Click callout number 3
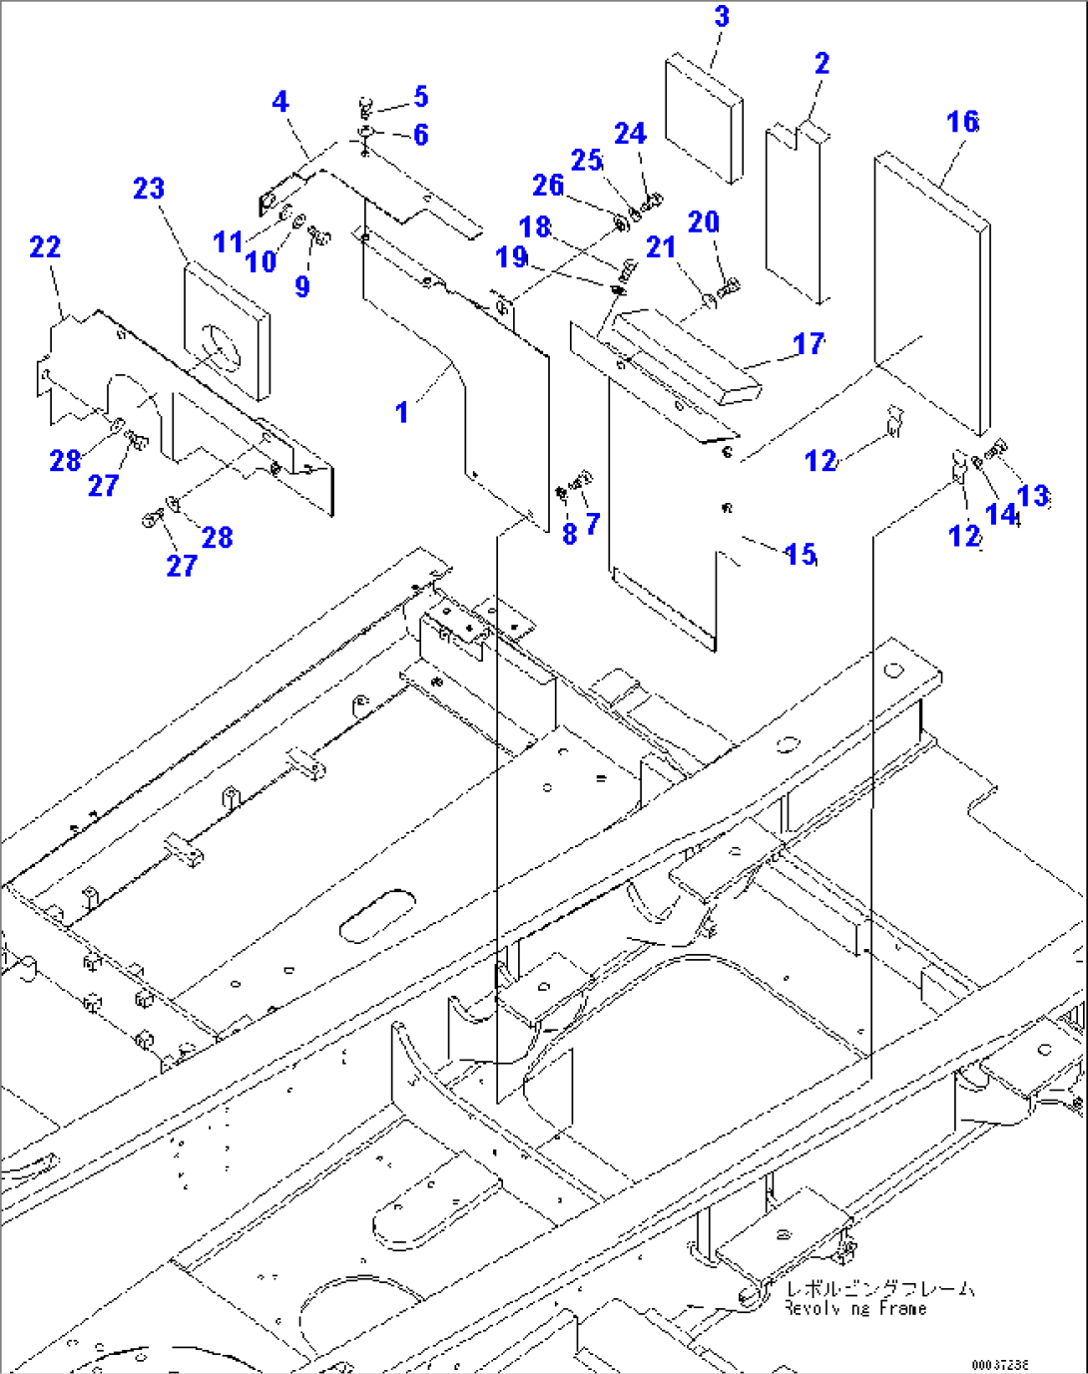(x=722, y=17)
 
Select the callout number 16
(x=962, y=122)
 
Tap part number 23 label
(x=149, y=189)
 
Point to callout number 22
(x=45, y=246)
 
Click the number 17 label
(x=809, y=344)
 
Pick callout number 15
(x=801, y=554)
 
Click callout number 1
(x=401, y=411)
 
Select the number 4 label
(x=280, y=102)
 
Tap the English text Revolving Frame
(x=854, y=1308)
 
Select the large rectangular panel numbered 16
(x=932, y=289)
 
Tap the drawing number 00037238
(x=1002, y=1364)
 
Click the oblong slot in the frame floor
(x=377, y=915)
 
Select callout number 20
(x=704, y=222)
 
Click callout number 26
(x=548, y=186)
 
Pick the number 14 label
(x=1000, y=514)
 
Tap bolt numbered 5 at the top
(x=365, y=104)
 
